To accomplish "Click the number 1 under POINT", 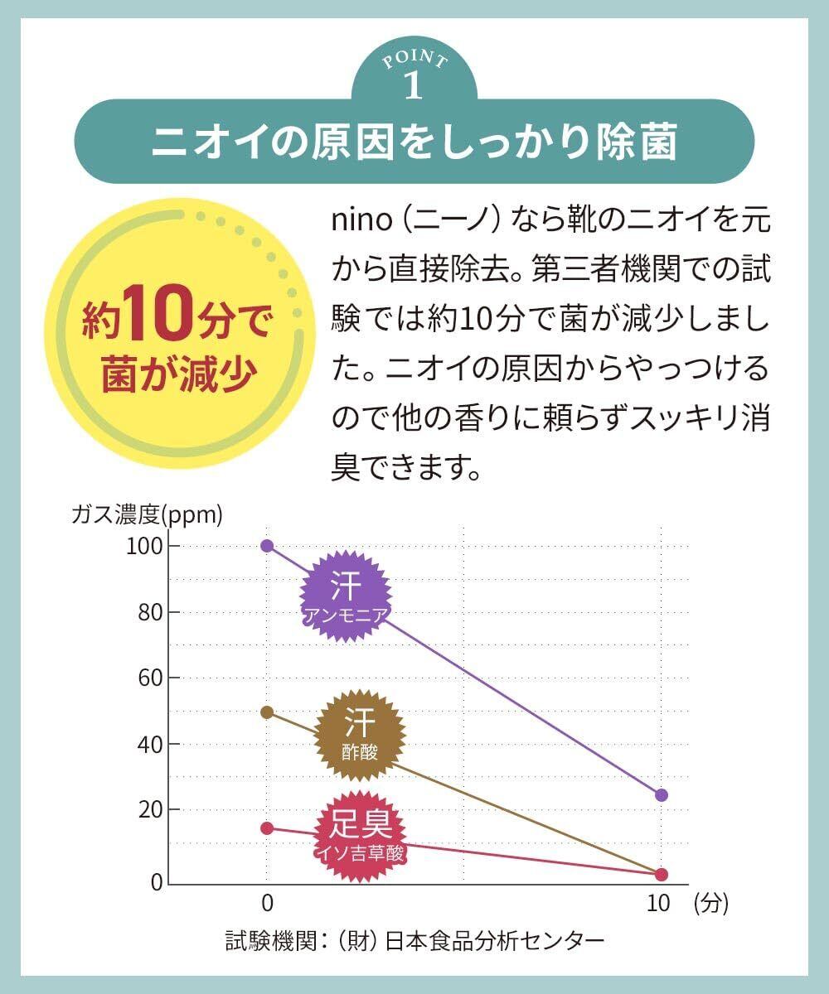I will click(x=414, y=85).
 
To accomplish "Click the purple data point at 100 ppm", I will click(x=267, y=546).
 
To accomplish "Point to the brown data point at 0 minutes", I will click(x=267, y=712).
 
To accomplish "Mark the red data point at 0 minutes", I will click(x=267, y=828).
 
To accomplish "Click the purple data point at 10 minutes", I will click(x=661, y=795).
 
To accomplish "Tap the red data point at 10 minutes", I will click(x=661, y=875).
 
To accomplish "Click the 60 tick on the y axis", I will click(x=148, y=678).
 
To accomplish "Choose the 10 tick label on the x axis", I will click(x=658, y=904).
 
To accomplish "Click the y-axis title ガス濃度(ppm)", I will click(x=147, y=515).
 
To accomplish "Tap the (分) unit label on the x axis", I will click(x=711, y=904).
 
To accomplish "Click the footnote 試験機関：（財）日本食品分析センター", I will click(x=414, y=941).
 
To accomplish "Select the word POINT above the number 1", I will click(x=414, y=60).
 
